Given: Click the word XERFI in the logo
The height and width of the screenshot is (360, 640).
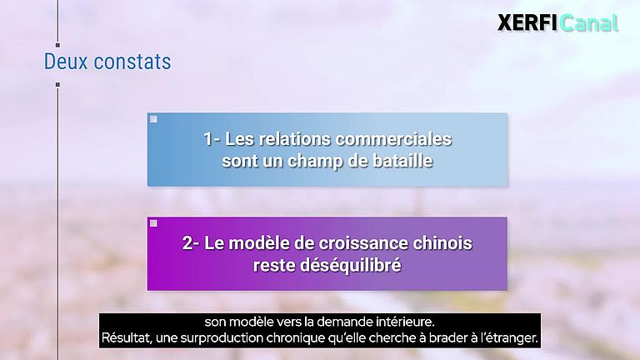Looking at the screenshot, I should (x=527, y=22).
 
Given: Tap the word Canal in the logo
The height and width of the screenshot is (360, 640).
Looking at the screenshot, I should (x=589, y=22).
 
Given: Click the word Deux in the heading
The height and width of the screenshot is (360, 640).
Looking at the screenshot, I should (x=64, y=62).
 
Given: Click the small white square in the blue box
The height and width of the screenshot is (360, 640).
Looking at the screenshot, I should (x=153, y=119).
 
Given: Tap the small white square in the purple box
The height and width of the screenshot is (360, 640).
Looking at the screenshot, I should (x=153, y=223).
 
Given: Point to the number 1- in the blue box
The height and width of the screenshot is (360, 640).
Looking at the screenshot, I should (x=212, y=139).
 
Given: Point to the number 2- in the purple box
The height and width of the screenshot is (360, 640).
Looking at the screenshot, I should (x=191, y=244).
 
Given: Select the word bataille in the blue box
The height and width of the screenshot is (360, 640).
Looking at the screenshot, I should (x=402, y=161).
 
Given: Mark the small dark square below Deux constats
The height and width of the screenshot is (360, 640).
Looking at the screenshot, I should (x=57, y=84).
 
